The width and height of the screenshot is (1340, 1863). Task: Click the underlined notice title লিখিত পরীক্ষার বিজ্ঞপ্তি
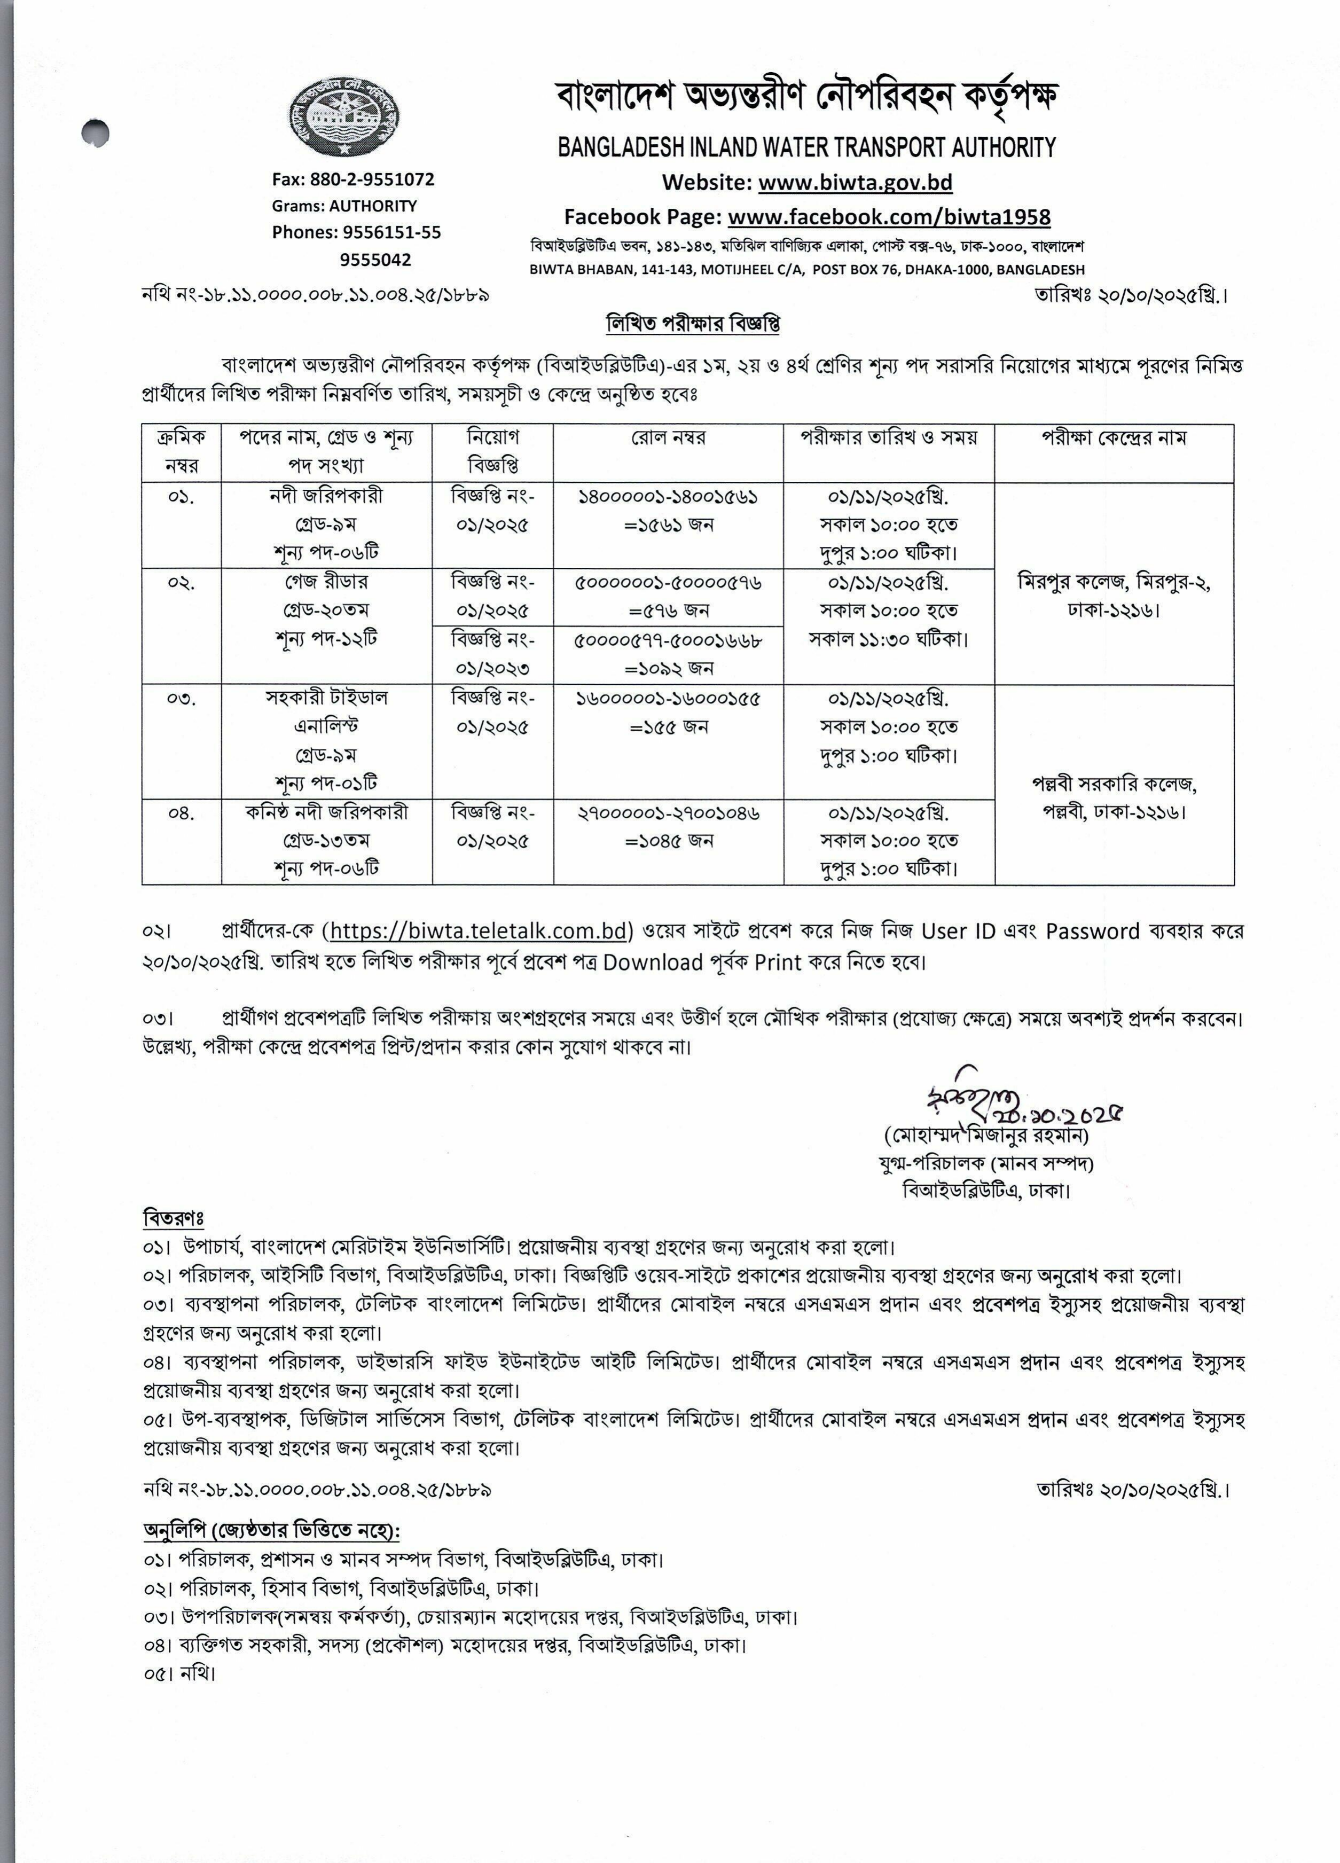click(693, 324)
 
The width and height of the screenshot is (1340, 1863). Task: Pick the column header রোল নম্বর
click(668, 439)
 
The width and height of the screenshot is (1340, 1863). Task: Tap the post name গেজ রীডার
click(326, 582)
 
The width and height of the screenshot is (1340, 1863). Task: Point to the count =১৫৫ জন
click(669, 727)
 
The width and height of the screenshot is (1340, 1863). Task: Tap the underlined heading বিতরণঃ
click(174, 1217)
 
